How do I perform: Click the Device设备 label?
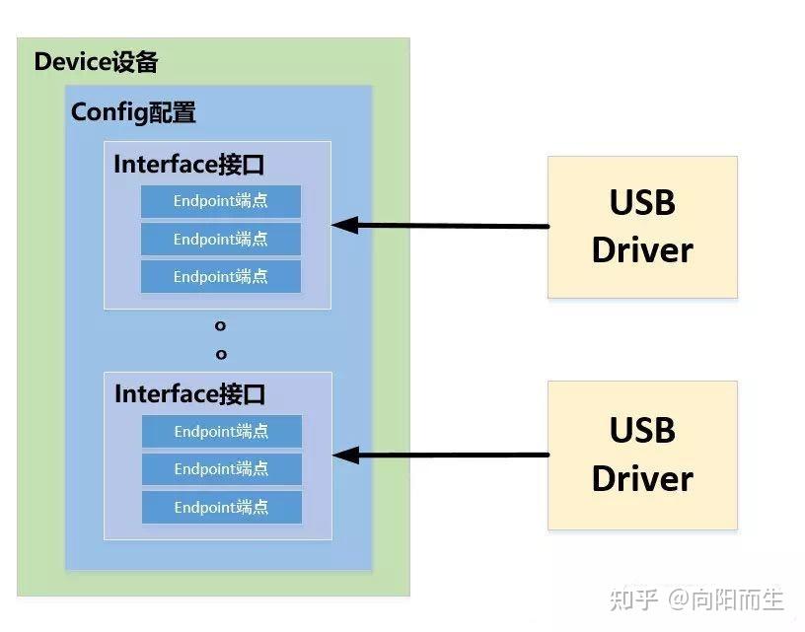[x=96, y=62]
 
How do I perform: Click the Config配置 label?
[x=133, y=112]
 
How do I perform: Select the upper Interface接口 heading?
[x=189, y=164]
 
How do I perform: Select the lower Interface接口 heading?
[x=190, y=394]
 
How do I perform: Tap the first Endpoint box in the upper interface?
[x=220, y=201]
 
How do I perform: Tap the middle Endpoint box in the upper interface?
[x=220, y=239]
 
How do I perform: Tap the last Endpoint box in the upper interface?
[x=220, y=276]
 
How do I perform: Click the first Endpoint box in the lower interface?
[x=221, y=432]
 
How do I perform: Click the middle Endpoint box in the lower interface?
[x=221, y=469]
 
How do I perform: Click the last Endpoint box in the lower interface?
[x=221, y=507]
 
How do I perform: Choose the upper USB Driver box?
[x=642, y=227]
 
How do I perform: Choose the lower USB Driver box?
[x=642, y=455]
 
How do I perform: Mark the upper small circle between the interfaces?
[x=221, y=325]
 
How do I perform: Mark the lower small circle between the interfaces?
[x=221, y=353]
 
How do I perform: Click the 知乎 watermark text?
[x=632, y=598]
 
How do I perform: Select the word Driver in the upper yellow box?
[x=642, y=250]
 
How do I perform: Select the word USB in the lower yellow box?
[x=642, y=431]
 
